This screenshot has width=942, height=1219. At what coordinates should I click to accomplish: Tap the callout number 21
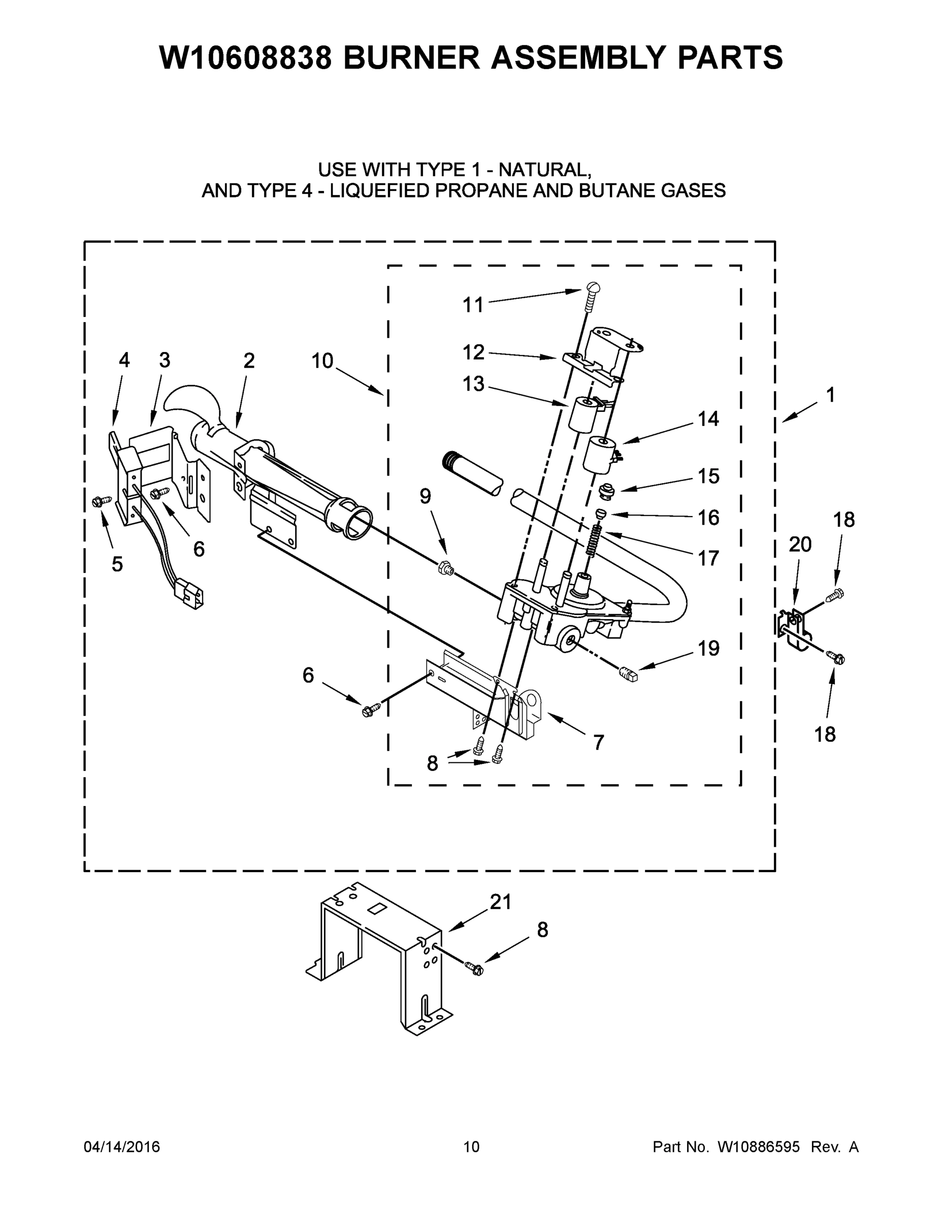pyautogui.click(x=501, y=902)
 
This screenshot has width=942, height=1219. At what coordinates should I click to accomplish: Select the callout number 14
pyautogui.click(x=708, y=419)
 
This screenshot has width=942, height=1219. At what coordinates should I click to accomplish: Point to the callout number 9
pyautogui.click(x=425, y=496)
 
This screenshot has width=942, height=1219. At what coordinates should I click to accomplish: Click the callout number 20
pyautogui.click(x=800, y=544)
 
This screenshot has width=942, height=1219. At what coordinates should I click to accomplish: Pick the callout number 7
pyautogui.click(x=598, y=743)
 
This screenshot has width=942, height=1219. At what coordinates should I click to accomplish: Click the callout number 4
pyautogui.click(x=124, y=360)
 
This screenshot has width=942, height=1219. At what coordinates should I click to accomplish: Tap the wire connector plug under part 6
pyautogui.click(x=190, y=594)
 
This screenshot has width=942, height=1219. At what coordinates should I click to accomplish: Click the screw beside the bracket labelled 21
pyautogui.click(x=475, y=970)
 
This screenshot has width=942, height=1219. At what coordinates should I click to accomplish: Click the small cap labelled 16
pyautogui.click(x=602, y=514)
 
